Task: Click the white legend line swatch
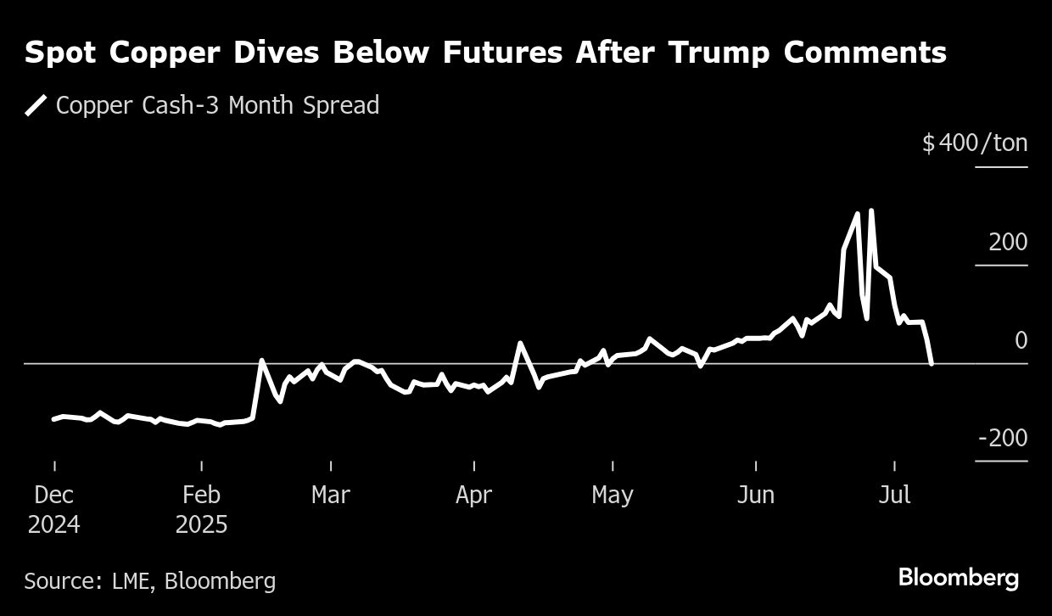(36, 106)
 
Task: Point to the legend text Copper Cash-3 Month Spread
(217, 106)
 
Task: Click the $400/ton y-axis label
(975, 143)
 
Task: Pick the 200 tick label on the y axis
(1007, 243)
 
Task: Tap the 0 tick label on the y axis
(1021, 340)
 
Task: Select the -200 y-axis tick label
(1003, 439)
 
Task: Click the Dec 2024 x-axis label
(54, 510)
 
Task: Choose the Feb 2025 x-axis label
(201, 510)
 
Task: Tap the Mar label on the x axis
(330, 496)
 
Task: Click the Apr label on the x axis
(473, 496)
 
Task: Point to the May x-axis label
(612, 496)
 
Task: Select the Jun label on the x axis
(755, 496)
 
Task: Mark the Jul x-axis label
(894, 496)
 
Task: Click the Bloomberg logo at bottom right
(958, 579)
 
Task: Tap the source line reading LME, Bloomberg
(150, 581)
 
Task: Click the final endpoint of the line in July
(932, 363)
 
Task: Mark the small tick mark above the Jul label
(894, 466)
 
